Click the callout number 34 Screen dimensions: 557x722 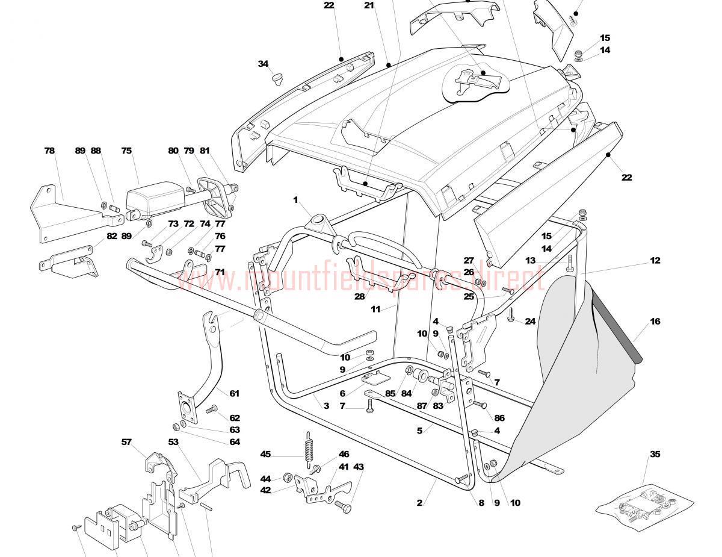(x=264, y=64)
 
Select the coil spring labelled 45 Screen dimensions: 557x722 (x=309, y=449)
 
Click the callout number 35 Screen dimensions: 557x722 (x=655, y=454)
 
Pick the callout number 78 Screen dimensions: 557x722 (x=49, y=151)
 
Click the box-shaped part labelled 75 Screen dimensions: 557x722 (x=154, y=201)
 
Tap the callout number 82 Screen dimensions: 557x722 (x=112, y=236)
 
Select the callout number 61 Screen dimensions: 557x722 (x=234, y=394)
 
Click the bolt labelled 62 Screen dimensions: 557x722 (x=212, y=410)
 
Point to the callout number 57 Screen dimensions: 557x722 (x=126, y=442)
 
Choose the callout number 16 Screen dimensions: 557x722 (x=655, y=322)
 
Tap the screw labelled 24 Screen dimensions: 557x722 (x=511, y=314)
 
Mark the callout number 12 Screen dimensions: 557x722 (x=655, y=261)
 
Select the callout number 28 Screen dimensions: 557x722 (x=360, y=296)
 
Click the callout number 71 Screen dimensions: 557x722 (x=220, y=272)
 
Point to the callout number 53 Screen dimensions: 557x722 (x=174, y=442)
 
